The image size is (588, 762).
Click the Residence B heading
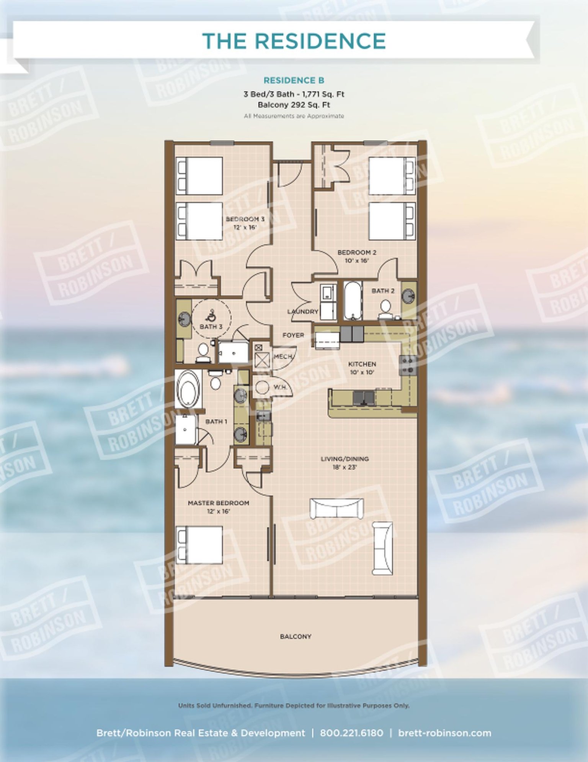(x=294, y=80)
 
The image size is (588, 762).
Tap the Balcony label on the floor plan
(x=296, y=637)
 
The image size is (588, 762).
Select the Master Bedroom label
(x=218, y=503)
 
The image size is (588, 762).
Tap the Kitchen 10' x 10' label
(x=362, y=368)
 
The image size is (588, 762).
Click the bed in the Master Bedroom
(x=199, y=545)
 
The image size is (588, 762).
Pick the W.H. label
(x=280, y=388)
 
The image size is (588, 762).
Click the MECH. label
(x=284, y=357)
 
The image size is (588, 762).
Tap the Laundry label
(x=303, y=312)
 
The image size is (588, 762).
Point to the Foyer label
(x=293, y=335)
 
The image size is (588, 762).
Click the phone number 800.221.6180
(x=351, y=733)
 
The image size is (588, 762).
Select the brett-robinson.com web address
(x=444, y=733)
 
